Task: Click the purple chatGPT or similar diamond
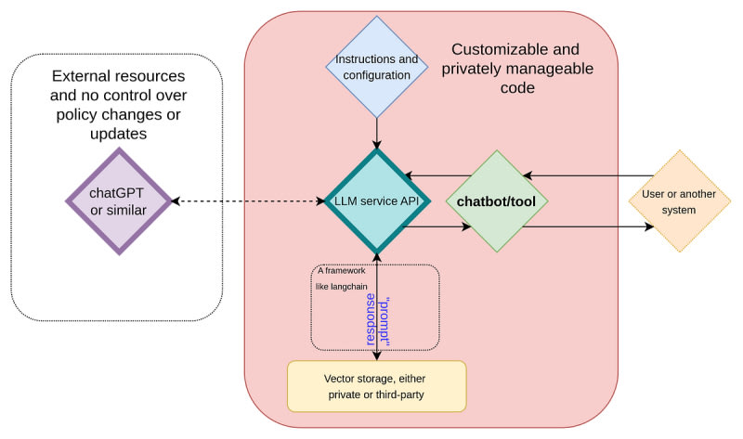tap(119, 201)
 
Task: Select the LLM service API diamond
tap(377, 201)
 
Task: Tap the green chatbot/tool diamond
tap(497, 201)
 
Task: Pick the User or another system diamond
tap(680, 201)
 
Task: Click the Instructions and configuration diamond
tap(377, 67)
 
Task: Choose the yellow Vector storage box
tap(377, 386)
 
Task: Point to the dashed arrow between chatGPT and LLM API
tap(248, 201)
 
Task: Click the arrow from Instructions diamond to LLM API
tap(377, 134)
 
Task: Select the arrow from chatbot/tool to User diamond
tap(588, 226)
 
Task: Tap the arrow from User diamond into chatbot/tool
tap(588, 175)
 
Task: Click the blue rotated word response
tap(371, 319)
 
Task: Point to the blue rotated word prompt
tap(385, 321)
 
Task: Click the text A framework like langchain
tap(342, 278)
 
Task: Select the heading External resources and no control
tap(119, 105)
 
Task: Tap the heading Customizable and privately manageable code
tap(517, 69)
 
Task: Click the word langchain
tap(349, 287)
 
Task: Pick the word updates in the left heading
tap(119, 134)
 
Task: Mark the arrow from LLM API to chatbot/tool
tap(437, 226)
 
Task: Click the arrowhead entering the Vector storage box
tap(377, 355)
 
